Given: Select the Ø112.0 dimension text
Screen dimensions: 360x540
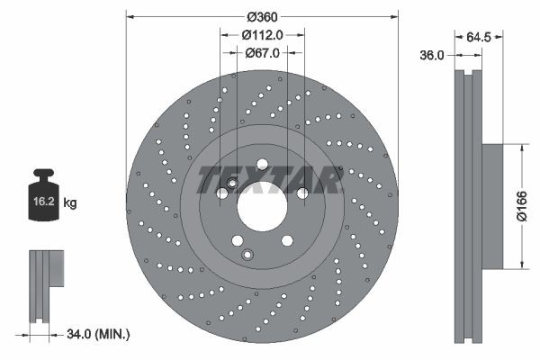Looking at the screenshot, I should pos(263,34).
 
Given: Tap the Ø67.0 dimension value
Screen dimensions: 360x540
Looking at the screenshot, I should pos(263,53).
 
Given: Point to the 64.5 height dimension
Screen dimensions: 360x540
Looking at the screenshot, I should pos(479,38).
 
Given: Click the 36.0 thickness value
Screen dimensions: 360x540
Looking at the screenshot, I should pos(433,55).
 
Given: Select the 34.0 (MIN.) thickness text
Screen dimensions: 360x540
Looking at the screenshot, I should pos(100,334).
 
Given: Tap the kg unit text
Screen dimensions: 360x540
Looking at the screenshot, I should pos(70,203).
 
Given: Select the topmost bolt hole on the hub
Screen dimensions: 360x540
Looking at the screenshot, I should pos(262,164).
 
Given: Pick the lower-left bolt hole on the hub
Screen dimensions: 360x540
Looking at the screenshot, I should pos(237,240).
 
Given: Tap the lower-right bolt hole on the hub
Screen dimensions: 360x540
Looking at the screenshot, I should pos(287,240).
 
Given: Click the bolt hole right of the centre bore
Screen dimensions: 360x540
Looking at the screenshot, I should pos(302,193).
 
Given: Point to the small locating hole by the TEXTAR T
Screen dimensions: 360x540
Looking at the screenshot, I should pos(232,184).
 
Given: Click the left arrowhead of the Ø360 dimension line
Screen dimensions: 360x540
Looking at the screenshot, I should pos(130,16).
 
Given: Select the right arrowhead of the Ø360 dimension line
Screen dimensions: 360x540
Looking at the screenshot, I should pos(394,16).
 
